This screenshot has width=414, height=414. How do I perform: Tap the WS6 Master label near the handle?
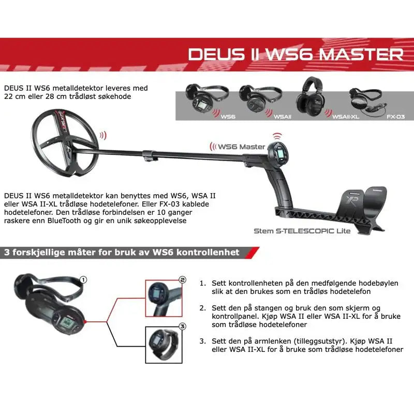[241, 146]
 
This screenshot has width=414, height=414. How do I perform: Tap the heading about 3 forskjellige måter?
[122, 253]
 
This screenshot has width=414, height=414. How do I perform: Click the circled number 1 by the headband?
[83, 279]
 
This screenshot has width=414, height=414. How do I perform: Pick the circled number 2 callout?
[182, 279]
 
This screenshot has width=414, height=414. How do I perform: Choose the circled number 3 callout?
[182, 327]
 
